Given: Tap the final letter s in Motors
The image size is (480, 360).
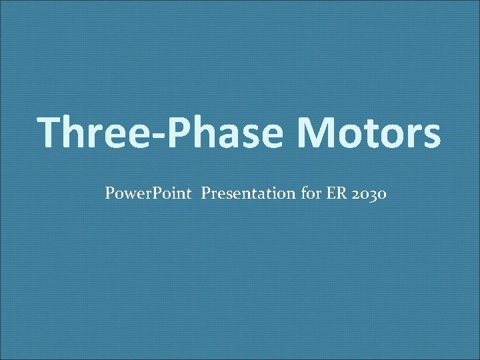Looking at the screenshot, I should pyautogui.click(x=430, y=136).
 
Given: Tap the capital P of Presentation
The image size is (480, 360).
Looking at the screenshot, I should pyautogui.click(x=205, y=194).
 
